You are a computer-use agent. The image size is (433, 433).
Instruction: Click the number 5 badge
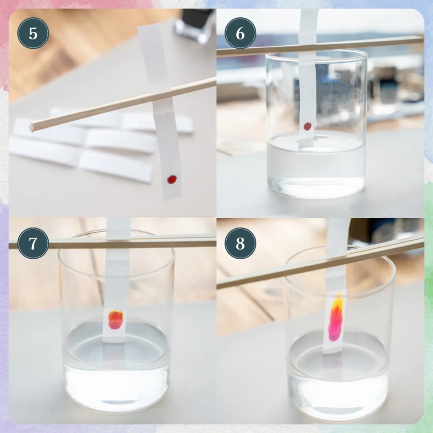tap(33, 33)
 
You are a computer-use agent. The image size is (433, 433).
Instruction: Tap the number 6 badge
tap(240, 33)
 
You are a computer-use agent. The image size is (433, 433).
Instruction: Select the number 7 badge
tap(33, 243)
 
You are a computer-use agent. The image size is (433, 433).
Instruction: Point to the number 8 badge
tap(240, 243)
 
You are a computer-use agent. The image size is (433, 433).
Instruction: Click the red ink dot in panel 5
tap(172, 179)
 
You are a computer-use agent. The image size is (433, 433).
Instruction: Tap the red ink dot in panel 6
tap(308, 126)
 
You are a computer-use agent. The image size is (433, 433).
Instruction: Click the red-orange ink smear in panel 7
tap(115, 320)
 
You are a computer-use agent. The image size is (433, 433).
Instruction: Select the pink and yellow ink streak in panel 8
tap(336, 317)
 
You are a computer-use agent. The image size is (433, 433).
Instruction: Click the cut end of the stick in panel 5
tap(32, 127)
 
